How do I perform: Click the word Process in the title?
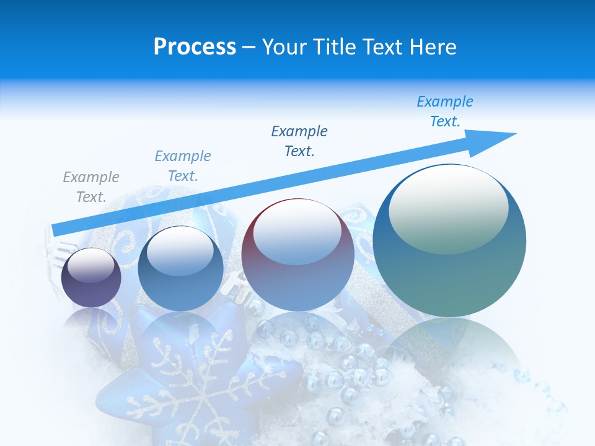(195, 47)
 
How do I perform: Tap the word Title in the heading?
(335, 47)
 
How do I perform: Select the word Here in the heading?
(433, 47)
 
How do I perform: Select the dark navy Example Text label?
(299, 141)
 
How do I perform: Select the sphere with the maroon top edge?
(297, 273)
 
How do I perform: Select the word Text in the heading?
(383, 47)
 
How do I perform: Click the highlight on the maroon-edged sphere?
(297, 233)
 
